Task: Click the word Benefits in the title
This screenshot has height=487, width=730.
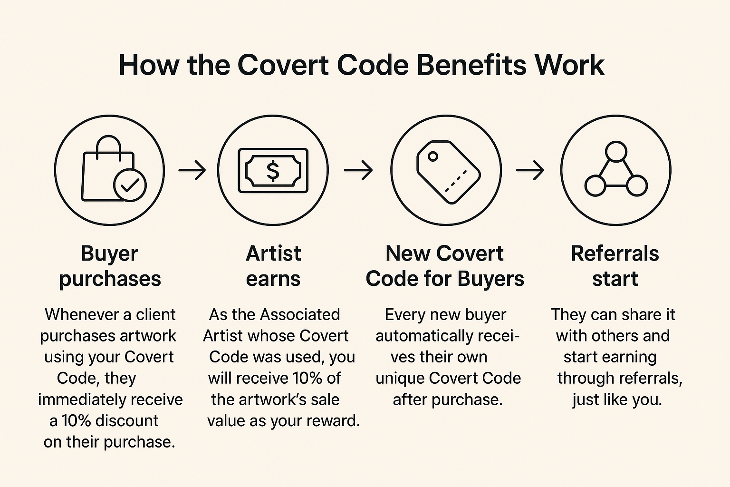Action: (x=471, y=65)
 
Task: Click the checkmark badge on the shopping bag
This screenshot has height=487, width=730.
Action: (x=130, y=185)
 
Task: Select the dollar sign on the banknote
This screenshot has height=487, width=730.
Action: (x=273, y=171)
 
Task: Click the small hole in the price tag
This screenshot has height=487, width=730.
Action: (x=433, y=156)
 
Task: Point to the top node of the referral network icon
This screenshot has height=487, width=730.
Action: (x=616, y=152)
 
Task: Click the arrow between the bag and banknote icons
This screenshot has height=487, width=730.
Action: (x=192, y=170)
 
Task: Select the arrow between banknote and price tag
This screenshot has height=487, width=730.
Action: (x=358, y=170)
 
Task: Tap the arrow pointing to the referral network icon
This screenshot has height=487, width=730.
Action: (x=530, y=170)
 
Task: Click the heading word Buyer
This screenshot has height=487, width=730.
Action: (x=109, y=254)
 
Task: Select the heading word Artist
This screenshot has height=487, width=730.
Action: (x=273, y=253)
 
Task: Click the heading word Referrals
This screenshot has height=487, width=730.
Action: (x=615, y=253)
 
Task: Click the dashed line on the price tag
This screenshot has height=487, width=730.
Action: (x=456, y=181)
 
